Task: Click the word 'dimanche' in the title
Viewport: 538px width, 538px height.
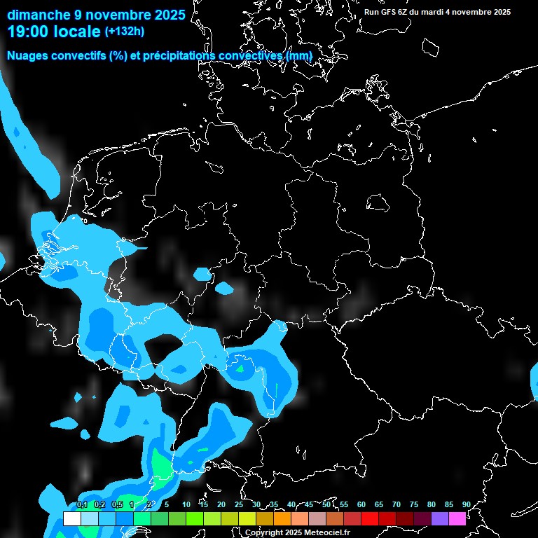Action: point(38,14)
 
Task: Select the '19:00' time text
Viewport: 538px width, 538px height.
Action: point(27,32)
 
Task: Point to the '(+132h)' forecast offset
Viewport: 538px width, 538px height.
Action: point(125,32)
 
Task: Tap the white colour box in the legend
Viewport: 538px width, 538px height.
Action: point(71,519)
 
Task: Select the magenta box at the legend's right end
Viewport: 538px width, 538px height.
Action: point(457,519)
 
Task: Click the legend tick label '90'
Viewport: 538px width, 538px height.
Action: point(466,504)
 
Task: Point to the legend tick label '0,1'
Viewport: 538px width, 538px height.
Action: point(82,504)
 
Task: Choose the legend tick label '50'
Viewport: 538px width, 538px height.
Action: point(326,504)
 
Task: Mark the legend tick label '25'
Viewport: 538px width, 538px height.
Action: point(239,504)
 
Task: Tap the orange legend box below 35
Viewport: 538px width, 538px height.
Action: point(282,519)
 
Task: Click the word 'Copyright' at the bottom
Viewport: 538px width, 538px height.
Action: point(263,532)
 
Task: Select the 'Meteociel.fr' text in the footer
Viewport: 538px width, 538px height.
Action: point(326,532)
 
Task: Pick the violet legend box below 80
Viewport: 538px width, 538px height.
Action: point(440,519)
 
